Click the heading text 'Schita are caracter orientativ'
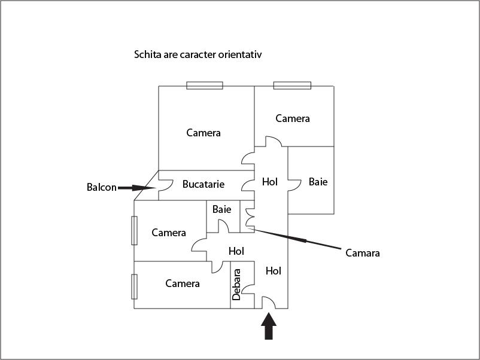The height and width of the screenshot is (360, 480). coord(198,54)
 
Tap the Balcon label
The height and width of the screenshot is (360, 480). coord(101,187)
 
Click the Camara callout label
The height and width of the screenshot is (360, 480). coord(363,253)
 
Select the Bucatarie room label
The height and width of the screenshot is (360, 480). coord(203,184)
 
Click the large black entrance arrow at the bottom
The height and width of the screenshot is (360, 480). coord(269,327)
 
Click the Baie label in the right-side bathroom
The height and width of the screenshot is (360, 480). coord(318,182)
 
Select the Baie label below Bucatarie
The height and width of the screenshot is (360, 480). coord(221,209)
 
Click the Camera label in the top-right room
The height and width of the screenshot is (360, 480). coord(293,118)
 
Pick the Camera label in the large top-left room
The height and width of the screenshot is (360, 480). coord(203,133)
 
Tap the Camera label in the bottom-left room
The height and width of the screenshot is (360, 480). coord(183,283)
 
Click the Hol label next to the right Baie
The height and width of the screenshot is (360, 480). coord(270,182)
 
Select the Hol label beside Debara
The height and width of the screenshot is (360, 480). coord(273,271)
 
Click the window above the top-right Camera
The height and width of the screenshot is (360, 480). coord(292,86)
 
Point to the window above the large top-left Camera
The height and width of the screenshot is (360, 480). coord(205,86)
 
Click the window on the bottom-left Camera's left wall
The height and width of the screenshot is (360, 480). coord(135,286)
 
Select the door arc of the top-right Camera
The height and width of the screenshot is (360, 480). coord(274,142)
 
